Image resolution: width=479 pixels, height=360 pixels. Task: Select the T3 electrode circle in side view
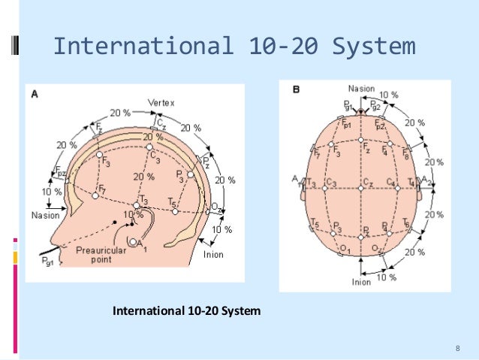click(x=136, y=205)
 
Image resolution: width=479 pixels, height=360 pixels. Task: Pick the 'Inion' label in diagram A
click(x=213, y=254)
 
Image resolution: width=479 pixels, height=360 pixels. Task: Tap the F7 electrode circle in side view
click(x=95, y=195)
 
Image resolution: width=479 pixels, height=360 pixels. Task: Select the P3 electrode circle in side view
click(x=191, y=174)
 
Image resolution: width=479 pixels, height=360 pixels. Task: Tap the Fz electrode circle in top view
click(x=361, y=140)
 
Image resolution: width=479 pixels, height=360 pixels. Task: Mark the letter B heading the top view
click(x=297, y=89)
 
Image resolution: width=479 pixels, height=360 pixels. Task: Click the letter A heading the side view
click(x=34, y=94)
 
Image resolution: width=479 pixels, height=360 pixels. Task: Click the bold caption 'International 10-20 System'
click(x=186, y=309)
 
